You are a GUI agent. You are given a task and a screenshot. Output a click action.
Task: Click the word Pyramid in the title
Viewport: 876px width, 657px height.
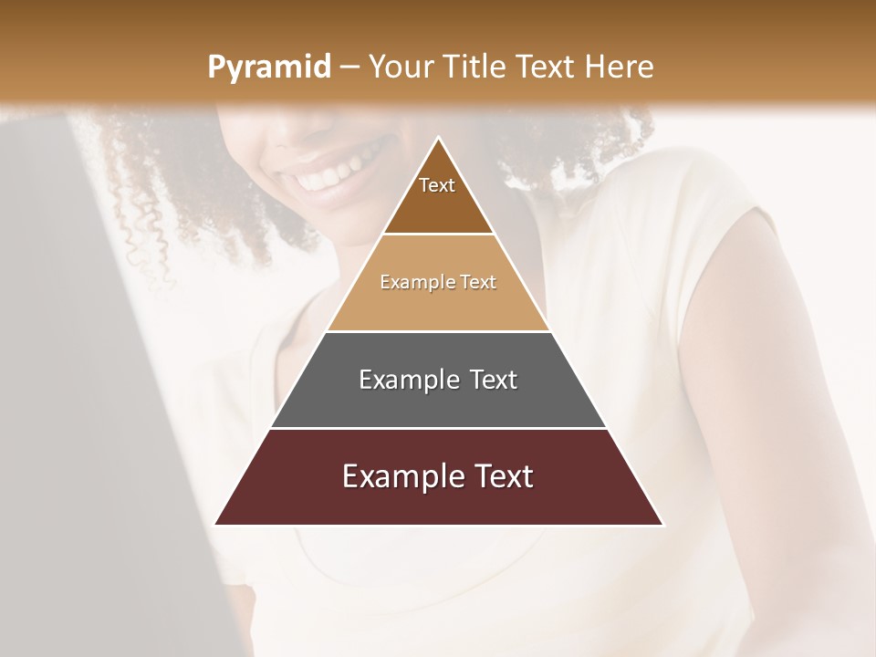[x=268, y=68]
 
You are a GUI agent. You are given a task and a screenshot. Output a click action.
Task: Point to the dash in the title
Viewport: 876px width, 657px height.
[x=349, y=68]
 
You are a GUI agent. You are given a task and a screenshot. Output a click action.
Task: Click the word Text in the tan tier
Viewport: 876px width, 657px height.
[x=478, y=282]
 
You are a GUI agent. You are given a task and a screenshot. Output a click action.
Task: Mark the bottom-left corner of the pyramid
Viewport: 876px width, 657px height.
[x=216, y=524]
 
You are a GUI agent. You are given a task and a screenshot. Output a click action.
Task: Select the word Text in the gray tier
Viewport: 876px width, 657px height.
[x=492, y=380]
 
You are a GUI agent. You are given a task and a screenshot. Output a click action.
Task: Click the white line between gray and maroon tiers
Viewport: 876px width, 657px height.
[x=438, y=428]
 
